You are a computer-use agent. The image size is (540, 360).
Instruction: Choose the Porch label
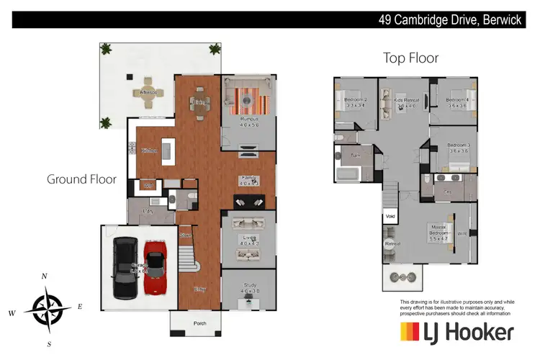[x=200, y=323]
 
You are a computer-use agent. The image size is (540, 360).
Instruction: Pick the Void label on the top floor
[x=391, y=215]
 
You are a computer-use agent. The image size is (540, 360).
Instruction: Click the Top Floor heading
[x=411, y=58]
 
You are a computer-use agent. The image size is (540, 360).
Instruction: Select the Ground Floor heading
[x=81, y=179]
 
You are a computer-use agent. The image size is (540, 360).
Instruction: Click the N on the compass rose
[x=45, y=276]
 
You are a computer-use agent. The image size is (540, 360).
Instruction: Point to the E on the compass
[x=80, y=307]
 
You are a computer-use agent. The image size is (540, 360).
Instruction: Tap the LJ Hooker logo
[x=457, y=332]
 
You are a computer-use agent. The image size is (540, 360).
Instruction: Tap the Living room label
[x=248, y=238]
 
